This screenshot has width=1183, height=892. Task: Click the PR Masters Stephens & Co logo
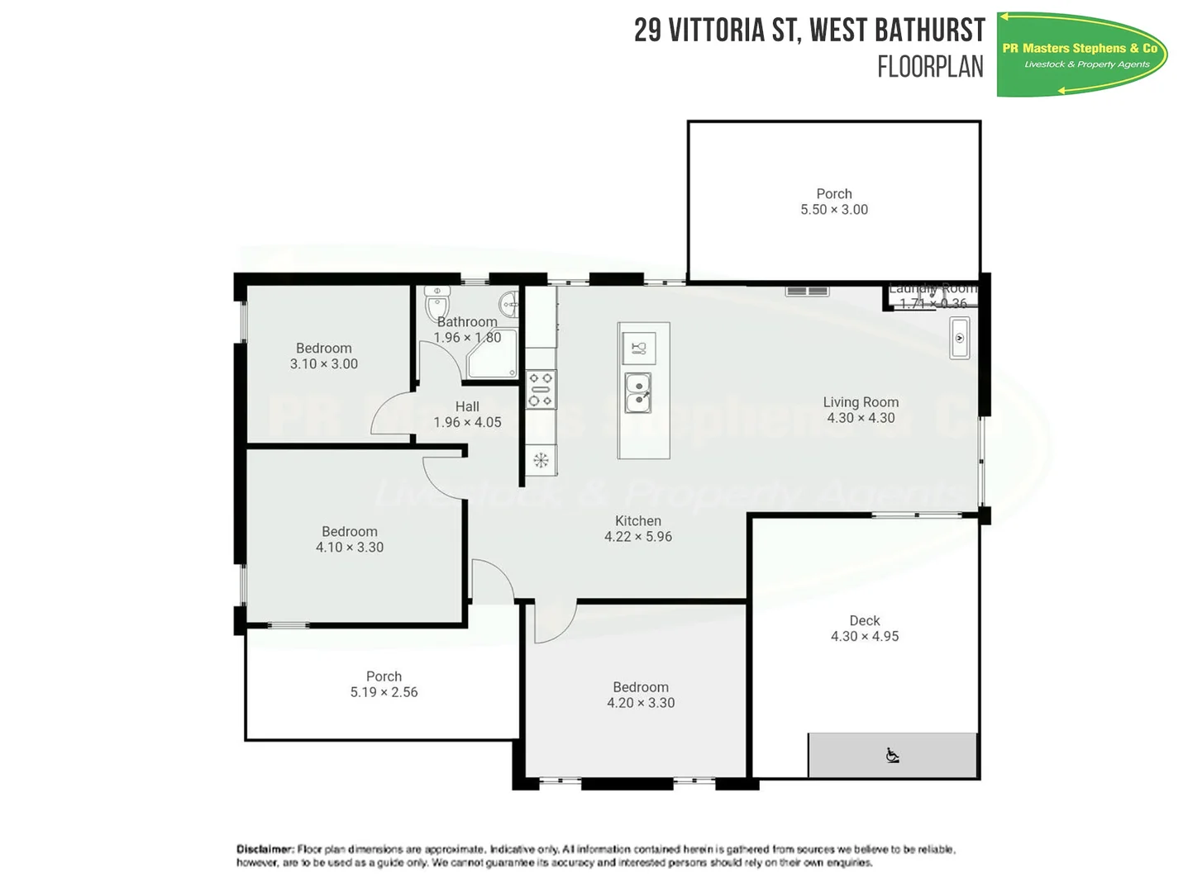[x=1081, y=55]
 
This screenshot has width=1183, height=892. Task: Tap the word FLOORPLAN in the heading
[x=930, y=67]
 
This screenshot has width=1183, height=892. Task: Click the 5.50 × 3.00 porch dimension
[x=834, y=210]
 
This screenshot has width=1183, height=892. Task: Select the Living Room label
[x=861, y=402]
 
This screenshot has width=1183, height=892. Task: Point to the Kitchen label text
[x=638, y=521]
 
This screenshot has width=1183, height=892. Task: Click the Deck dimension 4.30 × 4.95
[x=865, y=637]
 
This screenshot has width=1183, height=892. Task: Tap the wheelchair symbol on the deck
[x=892, y=756]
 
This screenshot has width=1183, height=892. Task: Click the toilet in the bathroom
[x=436, y=303]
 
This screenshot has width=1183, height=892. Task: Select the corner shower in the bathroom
[x=493, y=354]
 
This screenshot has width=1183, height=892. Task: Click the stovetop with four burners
[x=541, y=390]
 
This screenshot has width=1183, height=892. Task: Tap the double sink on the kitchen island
[x=638, y=392]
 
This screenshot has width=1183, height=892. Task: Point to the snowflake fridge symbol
[x=541, y=460]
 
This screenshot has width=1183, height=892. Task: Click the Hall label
[x=467, y=406]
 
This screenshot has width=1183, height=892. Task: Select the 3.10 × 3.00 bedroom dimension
[x=324, y=364]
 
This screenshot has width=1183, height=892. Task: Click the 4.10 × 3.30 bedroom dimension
[x=350, y=548]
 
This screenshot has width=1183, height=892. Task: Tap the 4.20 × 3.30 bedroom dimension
[x=641, y=703]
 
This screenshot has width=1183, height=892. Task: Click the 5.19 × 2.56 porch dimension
[x=384, y=692]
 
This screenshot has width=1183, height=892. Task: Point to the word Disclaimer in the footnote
[x=265, y=849]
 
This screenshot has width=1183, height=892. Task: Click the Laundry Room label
[x=933, y=289]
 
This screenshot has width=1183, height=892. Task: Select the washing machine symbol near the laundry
[x=959, y=338]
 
